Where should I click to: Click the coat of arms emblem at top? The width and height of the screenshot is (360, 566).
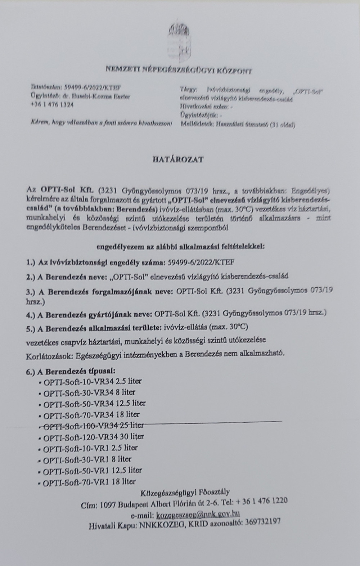179,34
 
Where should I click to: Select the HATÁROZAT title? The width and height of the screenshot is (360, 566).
177,160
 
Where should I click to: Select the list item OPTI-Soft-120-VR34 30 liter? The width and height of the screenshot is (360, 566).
93,437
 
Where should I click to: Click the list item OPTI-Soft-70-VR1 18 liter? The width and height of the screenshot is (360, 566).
89,482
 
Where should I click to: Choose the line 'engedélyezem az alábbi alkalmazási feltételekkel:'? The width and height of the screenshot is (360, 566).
180,247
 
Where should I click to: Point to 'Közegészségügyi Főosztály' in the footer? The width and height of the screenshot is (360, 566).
185,492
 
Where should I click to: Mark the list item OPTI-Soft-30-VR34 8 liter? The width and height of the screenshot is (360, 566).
89,392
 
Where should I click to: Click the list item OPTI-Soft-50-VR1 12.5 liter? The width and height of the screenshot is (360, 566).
92,470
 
